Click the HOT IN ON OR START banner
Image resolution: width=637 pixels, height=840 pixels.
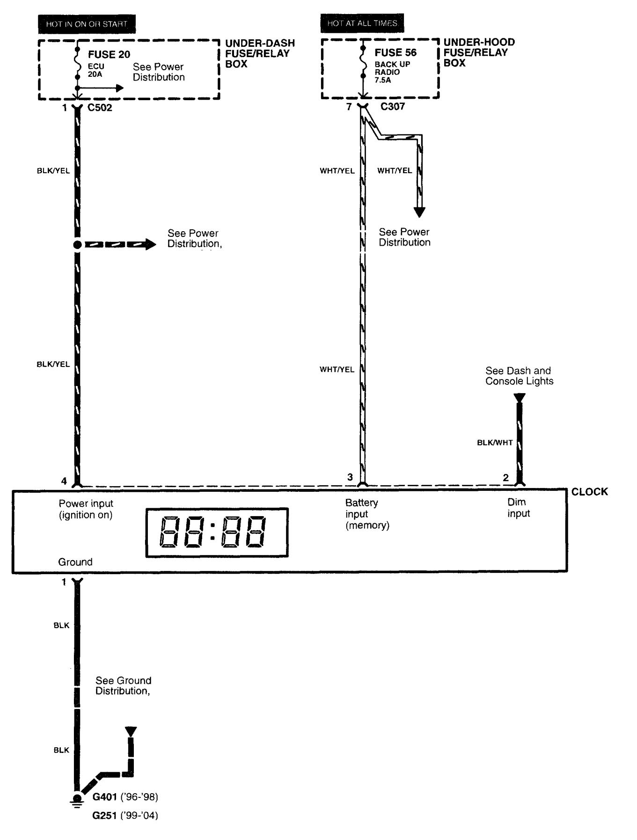[x=87, y=24]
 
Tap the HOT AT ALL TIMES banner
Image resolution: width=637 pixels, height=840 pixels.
[x=362, y=23]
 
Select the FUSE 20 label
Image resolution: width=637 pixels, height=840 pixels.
[x=109, y=55]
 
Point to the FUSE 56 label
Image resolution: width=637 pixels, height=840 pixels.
[x=395, y=52]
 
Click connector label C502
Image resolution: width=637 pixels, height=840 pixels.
[x=100, y=108]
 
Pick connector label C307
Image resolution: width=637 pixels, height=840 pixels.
[x=392, y=107]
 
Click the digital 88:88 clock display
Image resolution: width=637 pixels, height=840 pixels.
[x=217, y=533]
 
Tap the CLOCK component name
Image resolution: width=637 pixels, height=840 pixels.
[x=589, y=492]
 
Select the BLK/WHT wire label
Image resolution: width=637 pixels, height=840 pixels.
[x=495, y=443]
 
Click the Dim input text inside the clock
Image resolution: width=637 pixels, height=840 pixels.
[x=519, y=508]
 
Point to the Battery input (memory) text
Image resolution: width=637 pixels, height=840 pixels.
[x=367, y=514]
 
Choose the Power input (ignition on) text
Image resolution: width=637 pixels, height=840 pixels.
[x=86, y=509]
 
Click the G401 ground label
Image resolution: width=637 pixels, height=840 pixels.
[x=104, y=796]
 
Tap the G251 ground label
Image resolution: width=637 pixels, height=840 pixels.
[x=104, y=816]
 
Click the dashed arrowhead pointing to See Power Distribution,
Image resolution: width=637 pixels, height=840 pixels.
[x=150, y=244]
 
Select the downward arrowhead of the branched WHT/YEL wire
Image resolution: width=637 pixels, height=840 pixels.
[x=419, y=212]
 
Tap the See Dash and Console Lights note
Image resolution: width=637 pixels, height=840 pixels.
[x=519, y=376]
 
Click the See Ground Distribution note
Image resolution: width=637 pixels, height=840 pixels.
[x=123, y=686]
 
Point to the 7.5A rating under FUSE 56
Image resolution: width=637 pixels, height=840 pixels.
[x=382, y=80]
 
